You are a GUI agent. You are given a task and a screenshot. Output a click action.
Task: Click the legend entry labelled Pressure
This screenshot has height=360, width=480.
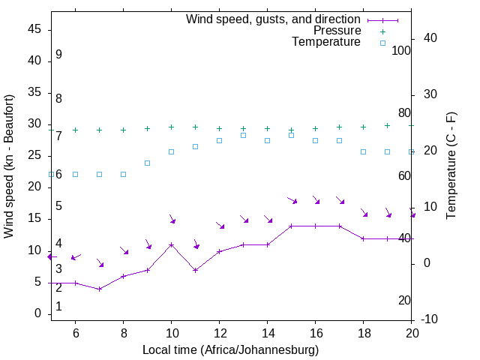tap(337, 31)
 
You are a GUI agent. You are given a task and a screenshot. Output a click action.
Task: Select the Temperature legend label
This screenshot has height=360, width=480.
tap(326, 43)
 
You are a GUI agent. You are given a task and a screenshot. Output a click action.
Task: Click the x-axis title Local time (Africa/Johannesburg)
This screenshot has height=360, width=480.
tap(231, 350)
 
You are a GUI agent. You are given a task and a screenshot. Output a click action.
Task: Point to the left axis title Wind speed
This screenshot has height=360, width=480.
tap(9, 166)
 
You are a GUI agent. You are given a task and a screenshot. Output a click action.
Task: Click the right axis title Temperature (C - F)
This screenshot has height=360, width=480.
tap(451, 166)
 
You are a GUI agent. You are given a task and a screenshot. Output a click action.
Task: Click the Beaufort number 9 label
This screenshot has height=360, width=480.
tap(58, 55)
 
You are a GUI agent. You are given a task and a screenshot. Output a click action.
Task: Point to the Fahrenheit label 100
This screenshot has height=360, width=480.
tap(401, 51)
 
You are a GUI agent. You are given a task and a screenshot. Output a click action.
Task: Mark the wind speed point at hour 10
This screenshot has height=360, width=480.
tap(172, 244)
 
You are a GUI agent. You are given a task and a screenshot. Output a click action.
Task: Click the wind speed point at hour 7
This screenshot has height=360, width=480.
tap(100, 289)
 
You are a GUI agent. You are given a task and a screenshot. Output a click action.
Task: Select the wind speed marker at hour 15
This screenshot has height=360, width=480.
tap(292, 226)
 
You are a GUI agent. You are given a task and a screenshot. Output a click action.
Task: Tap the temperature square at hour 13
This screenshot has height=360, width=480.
tap(244, 135)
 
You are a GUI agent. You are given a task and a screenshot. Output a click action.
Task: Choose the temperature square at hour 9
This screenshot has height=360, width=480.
tap(148, 163)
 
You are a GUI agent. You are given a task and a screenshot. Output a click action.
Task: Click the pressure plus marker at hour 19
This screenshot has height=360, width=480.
tap(388, 125)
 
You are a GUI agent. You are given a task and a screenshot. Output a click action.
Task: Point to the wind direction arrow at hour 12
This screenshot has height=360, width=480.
tap(220, 224)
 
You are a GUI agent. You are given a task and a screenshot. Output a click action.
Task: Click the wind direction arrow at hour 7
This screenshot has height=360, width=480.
tap(100, 262)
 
